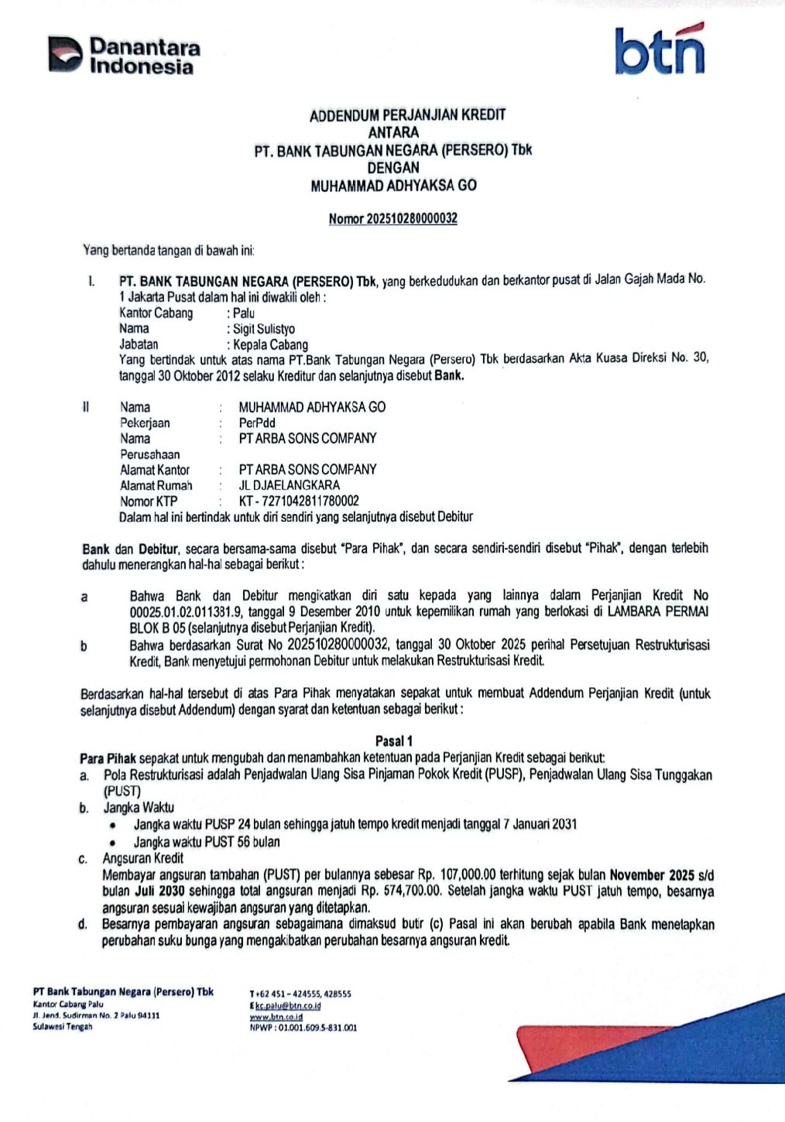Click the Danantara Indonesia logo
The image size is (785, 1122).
[x=125, y=56]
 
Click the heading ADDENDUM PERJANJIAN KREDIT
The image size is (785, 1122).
[x=407, y=115]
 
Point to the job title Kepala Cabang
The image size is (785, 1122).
[x=271, y=345]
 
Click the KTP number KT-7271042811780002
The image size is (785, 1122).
[x=299, y=501]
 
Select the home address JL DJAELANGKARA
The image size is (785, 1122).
[x=289, y=485]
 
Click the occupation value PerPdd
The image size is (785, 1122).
[x=257, y=422]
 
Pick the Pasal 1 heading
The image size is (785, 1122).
[x=394, y=741]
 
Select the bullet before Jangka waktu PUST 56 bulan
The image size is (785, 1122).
[x=113, y=843]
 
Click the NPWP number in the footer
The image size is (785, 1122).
[x=317, y=1028]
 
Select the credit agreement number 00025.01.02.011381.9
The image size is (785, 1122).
[x=183, y=612]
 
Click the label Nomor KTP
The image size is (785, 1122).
[x=149, y=501]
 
